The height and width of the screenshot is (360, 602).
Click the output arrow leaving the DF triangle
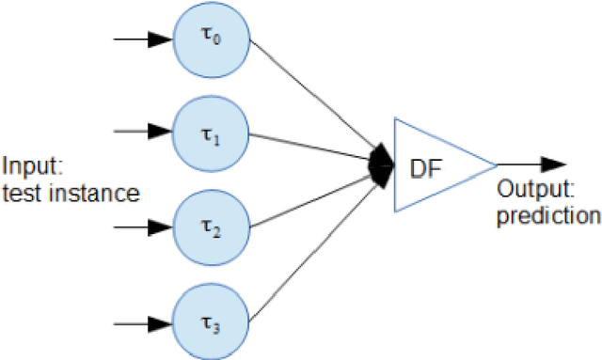pyautogui.click(x=531, y=164)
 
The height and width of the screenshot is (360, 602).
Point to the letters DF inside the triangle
pyautogui.click(x=423, y=165)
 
